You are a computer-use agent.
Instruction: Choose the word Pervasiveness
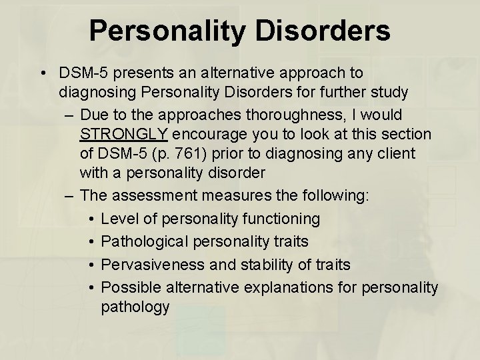coord(153,265)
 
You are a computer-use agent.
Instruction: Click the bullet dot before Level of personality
coord(91,219)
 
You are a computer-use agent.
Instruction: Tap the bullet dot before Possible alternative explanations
coord(91,287)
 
